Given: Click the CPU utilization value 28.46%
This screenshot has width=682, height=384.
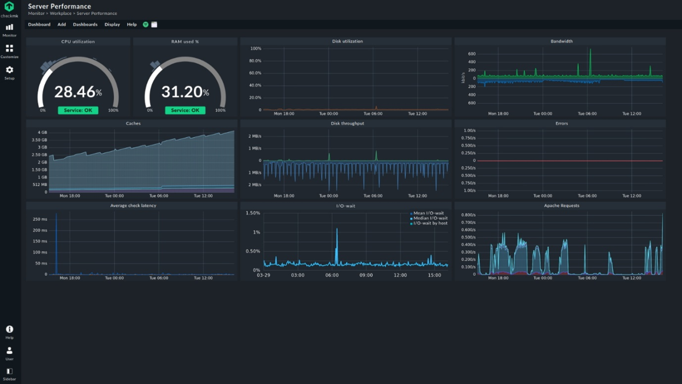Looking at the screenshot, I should click(78, 92).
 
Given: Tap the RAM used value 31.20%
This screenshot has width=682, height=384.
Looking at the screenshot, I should click(185, 92).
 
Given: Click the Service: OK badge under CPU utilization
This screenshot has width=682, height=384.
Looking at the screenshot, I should click(78, 110).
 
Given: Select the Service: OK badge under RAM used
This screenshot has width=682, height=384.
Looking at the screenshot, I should click(185, 110).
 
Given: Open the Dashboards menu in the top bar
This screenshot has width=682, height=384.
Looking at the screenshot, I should click(85, 24).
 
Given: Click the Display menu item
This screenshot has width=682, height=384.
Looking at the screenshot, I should click(112, 24).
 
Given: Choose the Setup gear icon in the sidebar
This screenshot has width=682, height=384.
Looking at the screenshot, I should click(9, 70).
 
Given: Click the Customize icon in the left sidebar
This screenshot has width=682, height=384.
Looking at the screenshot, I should click(9, 49).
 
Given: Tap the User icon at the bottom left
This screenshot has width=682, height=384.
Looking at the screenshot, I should click(9, 351).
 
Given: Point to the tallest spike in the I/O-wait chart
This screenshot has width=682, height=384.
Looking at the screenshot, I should click(337, 230).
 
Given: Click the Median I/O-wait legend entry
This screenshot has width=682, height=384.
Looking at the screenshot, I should click(430, 218).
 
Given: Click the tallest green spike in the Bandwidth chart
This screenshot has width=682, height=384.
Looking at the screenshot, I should click(590, 50).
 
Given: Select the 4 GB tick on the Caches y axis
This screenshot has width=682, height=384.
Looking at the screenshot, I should click(43, 133).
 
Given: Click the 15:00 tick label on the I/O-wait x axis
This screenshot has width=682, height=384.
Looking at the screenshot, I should click(434, 275).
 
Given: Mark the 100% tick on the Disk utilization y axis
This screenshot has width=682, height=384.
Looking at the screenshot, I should click(256, 48).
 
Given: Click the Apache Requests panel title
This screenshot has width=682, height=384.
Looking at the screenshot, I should click(561, 205).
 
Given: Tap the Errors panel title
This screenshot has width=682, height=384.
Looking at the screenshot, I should click(561, 123).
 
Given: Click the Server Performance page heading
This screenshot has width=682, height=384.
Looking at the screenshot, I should click(59, 6).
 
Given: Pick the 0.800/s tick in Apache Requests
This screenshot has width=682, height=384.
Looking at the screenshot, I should click(468, 215).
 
